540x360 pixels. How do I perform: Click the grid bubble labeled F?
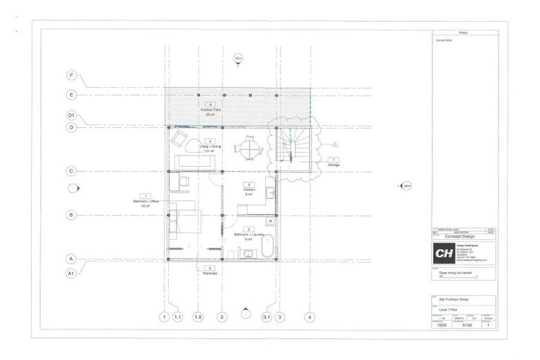tap(71, 75)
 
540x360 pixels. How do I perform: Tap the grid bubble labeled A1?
tap(71, 272)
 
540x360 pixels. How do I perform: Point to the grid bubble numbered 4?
tap(309, 316)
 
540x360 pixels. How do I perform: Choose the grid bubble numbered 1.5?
tap(198, 316)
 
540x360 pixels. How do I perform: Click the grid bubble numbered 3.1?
tap(266, 316)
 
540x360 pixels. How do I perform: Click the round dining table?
tap(249, 148)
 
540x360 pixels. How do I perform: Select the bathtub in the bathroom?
tap(266, 247)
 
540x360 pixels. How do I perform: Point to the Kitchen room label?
tap(249, 189)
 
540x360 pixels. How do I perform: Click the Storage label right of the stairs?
tap(333, 164)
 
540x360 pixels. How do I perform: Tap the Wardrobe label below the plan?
tap(208, 271)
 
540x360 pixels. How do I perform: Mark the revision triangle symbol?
tap(335, 144)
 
